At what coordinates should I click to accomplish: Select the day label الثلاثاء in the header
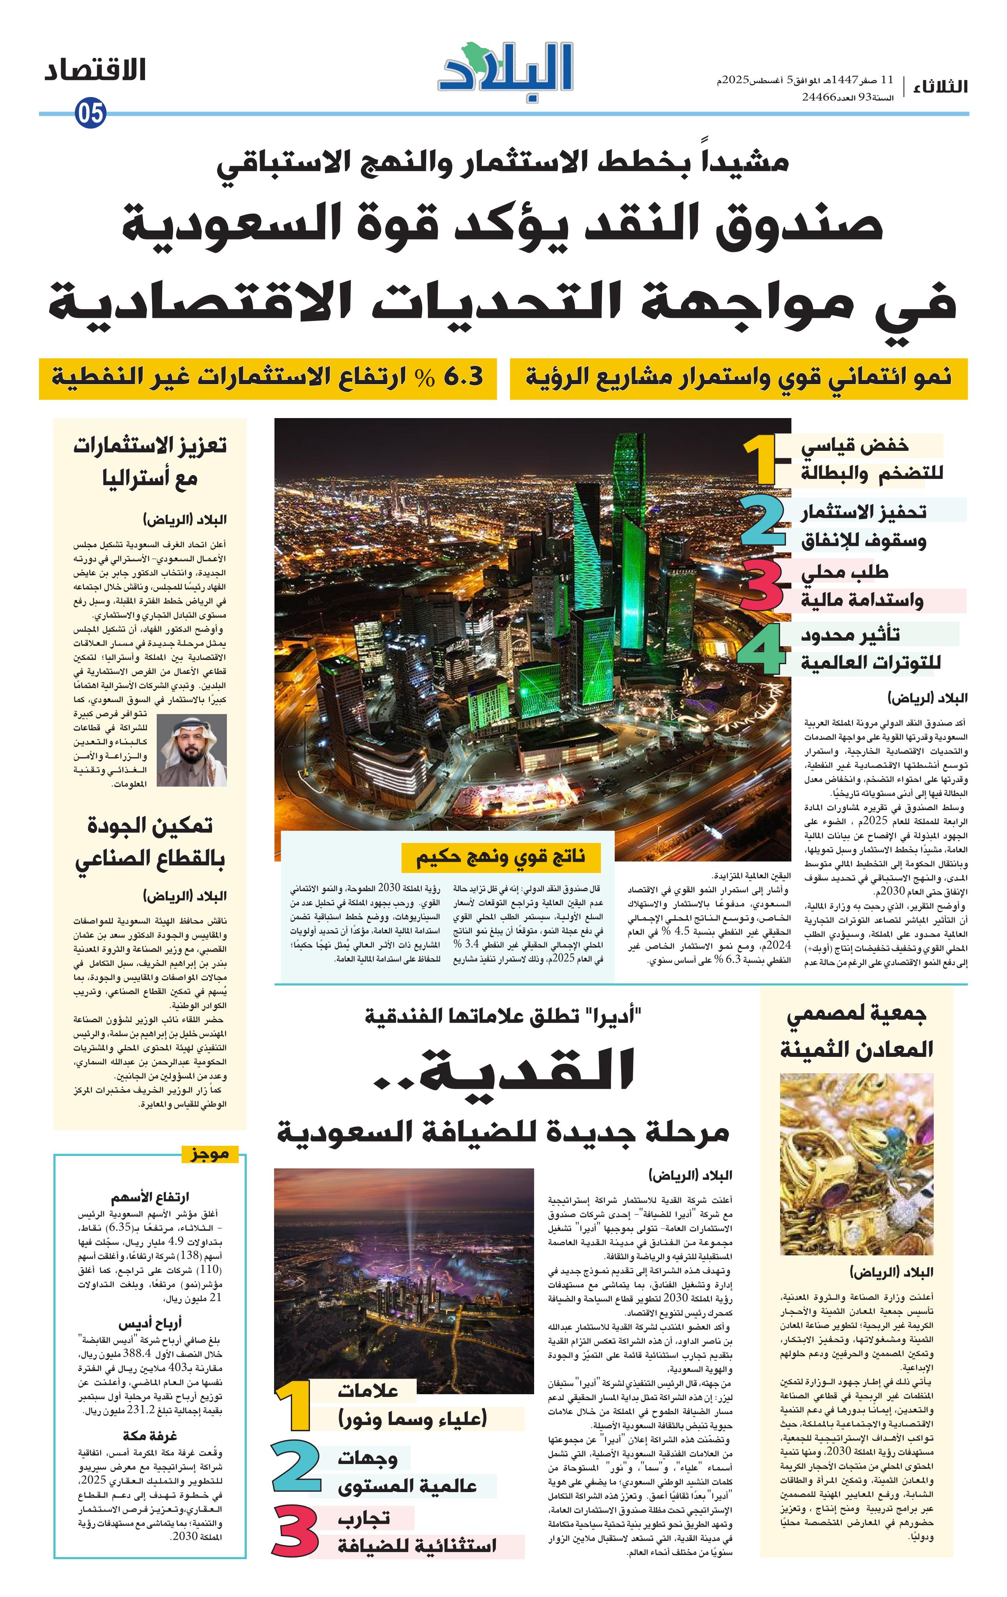[940, 87]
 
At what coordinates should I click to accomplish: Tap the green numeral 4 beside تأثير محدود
[763, 648]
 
